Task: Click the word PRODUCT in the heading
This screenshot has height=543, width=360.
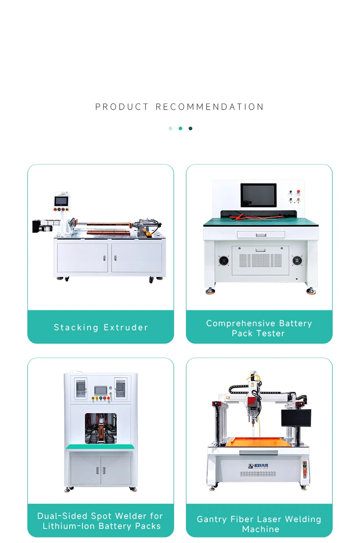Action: (122, 107)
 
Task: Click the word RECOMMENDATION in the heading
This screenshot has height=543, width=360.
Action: (210, 107)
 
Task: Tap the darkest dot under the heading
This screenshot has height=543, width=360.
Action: (190, 128)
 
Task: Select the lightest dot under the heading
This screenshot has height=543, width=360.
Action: (170, 128)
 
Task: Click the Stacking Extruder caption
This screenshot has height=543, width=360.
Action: (101, 327)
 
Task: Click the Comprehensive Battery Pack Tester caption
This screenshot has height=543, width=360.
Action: (259, 328)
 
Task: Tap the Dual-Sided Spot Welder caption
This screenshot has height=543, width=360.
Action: (101, 521)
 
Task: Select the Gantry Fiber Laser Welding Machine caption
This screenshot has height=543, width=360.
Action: (259, 524)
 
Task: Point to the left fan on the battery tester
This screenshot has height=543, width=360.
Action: (223, 261)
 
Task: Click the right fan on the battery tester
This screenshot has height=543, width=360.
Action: (297, 261)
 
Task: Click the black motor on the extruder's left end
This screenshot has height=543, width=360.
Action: (37, 226)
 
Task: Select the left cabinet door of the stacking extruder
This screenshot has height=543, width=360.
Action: (82, 258)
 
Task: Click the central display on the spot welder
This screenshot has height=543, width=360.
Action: (101, 390)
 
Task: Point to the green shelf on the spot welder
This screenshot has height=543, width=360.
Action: (100, 447)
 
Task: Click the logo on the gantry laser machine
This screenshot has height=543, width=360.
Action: (258, 466)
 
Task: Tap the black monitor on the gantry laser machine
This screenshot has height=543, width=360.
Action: (296, 418)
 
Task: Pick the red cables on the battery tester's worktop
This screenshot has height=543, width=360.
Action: (259, 216)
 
